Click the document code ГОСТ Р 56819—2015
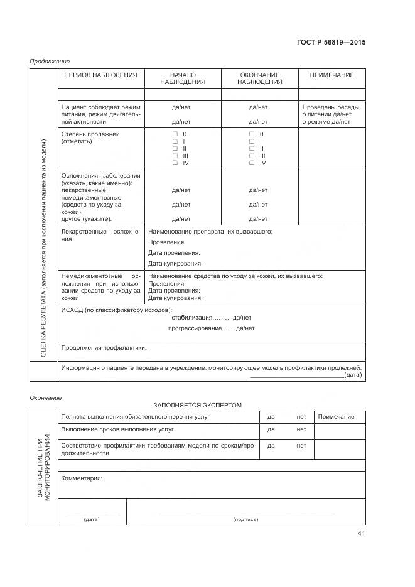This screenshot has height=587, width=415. pos(331,43)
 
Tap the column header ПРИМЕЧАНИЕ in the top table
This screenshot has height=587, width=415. pos(331,75)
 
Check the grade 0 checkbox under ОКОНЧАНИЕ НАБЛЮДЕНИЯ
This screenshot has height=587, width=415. pos(252,135)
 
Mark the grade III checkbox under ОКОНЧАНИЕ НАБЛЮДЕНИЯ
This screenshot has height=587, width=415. pos(252,156)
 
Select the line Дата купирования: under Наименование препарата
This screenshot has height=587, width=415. pos(175,264)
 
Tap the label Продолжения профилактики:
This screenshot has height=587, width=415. pos(104,347)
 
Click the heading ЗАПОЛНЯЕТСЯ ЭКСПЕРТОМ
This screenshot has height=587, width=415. pos(197,406)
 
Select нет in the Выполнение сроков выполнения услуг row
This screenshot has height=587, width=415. pos(301,430)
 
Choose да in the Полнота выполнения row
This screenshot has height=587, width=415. pos(271,417)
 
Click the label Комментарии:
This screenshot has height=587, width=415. pos(82,478)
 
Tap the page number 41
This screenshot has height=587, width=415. pos(361,534)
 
